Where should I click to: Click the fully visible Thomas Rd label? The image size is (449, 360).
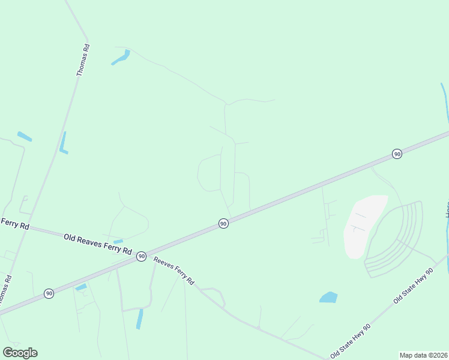click(x=83, y=59)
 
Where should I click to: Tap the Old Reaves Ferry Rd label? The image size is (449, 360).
click(x=97, y=244)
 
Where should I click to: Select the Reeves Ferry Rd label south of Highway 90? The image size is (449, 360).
click(x=174, y=271)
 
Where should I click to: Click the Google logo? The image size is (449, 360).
click(x=20, y=353)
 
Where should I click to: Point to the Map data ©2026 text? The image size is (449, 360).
click(x=423, y=355)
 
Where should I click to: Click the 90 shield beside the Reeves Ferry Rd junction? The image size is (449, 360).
click(x=141, y=256)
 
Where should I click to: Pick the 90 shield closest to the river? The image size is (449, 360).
click(x=397, y=154)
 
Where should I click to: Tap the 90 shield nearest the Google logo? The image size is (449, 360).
click(x=49, y=293)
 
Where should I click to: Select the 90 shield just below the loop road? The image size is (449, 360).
click(x=223, y=223)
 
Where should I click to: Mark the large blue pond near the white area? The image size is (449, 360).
click(x=328, y=297)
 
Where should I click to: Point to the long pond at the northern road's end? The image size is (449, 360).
click(x=121, y=58)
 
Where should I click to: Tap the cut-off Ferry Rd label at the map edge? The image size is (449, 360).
click(x=15, y=223)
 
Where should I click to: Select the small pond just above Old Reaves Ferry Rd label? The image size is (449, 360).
click(x=118, y=241)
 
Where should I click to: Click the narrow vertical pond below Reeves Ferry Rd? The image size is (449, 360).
click(x=140, y=319)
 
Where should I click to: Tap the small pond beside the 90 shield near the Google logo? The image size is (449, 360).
click(x=81, y=287)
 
